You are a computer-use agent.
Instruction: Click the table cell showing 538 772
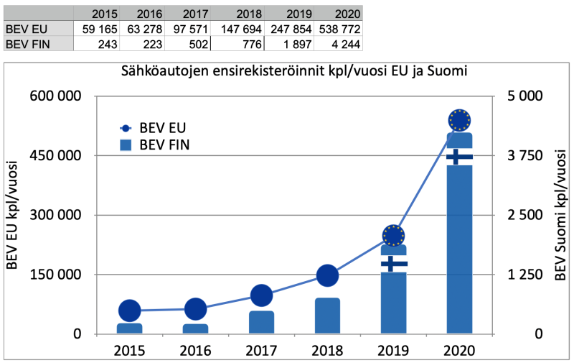338,29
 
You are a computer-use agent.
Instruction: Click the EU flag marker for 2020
459,119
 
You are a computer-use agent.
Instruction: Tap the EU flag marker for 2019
393,235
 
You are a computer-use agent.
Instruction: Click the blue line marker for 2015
129,310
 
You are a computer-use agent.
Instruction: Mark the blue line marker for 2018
327,275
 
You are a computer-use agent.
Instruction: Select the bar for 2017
261,322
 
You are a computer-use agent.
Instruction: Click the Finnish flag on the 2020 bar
459,157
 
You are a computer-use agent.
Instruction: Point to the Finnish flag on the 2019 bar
393,264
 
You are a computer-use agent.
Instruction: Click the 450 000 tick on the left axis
54,155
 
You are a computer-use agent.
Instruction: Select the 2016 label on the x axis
195,351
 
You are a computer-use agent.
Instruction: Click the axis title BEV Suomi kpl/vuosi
560,215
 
